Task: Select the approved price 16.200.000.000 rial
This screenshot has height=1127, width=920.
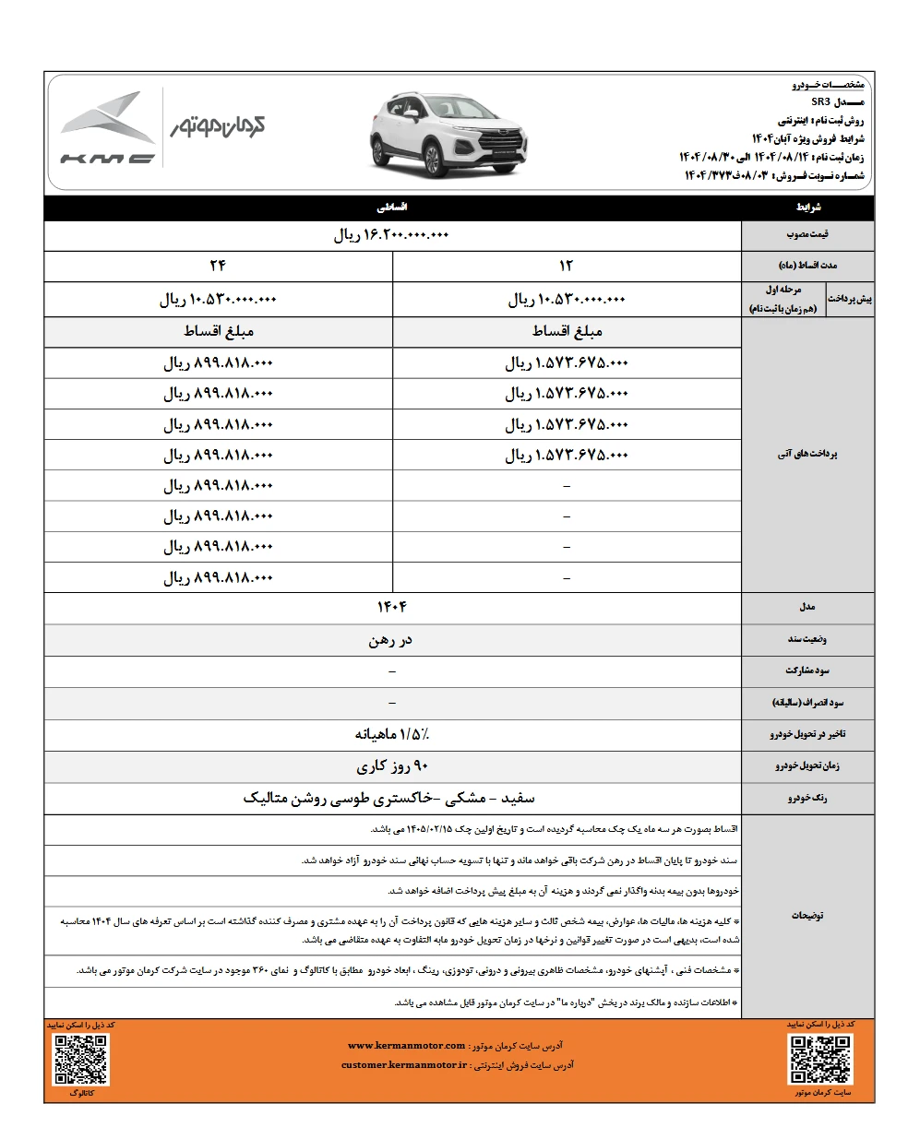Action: point(391,235)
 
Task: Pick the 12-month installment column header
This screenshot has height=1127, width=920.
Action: point(567,267)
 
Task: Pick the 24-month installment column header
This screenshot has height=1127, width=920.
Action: point(219,267)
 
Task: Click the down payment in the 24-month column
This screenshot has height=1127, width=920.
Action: point(219,300)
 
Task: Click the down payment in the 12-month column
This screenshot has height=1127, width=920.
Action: point(567,300)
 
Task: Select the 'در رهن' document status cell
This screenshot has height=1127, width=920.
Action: point(391,638)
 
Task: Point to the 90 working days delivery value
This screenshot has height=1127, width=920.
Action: point(391,765)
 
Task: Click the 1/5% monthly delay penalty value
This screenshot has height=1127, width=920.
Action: point(391,734)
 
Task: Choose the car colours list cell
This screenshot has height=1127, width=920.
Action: point(391,798)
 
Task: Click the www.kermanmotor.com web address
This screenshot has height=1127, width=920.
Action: point(407,1046)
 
